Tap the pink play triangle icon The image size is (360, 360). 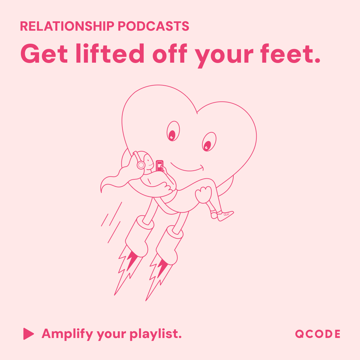[28, 334]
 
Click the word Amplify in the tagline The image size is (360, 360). [67, 334]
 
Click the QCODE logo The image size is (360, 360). [318, 334]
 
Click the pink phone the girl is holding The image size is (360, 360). [160, 165]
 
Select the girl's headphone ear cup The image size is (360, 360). [141, 164]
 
